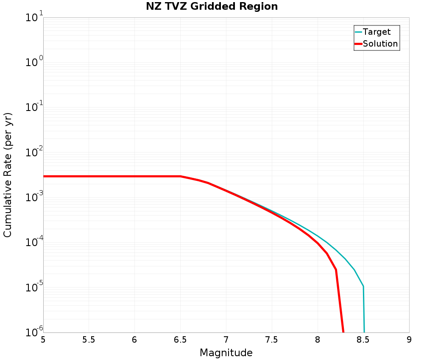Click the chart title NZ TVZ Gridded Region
coord(212,7)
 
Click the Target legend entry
coord(377,32)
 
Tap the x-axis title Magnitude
coord(226,353)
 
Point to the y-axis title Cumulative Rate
coord(8,175)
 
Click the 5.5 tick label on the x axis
coord(89,340)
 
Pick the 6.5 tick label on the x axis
coord(180,340)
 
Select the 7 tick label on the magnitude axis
coord(226,340)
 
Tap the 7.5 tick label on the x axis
coord(272,340)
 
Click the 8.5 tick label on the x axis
coord(363,340)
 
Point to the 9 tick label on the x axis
coord(409,340)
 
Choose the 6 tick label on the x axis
coord(134,340)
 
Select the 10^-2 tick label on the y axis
coord(33,153)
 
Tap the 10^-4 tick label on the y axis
coord(33,243)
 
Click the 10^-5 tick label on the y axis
coord(33,288)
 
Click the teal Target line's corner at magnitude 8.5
coord(363,287)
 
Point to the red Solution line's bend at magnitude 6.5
coord(181,176)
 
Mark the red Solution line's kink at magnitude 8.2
coord(336,269)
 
